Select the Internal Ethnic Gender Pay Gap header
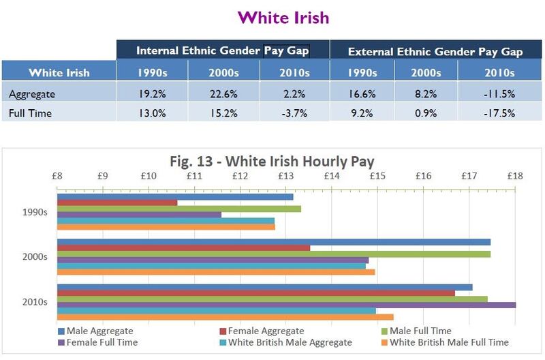tap(223, 50)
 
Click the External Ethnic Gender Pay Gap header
tap(435, 51)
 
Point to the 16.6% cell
tap(365, 92)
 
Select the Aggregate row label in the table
tap(32, 92)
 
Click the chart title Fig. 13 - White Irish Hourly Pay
tap(272, 162)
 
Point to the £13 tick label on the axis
tap(285, 177)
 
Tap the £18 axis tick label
tap(514, 177)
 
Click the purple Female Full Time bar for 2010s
tap(286, 305)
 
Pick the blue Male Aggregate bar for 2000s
tap(273, 242)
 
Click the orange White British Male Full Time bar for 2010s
tap(225, 316)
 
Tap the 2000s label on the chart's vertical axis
tap(33, 257)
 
